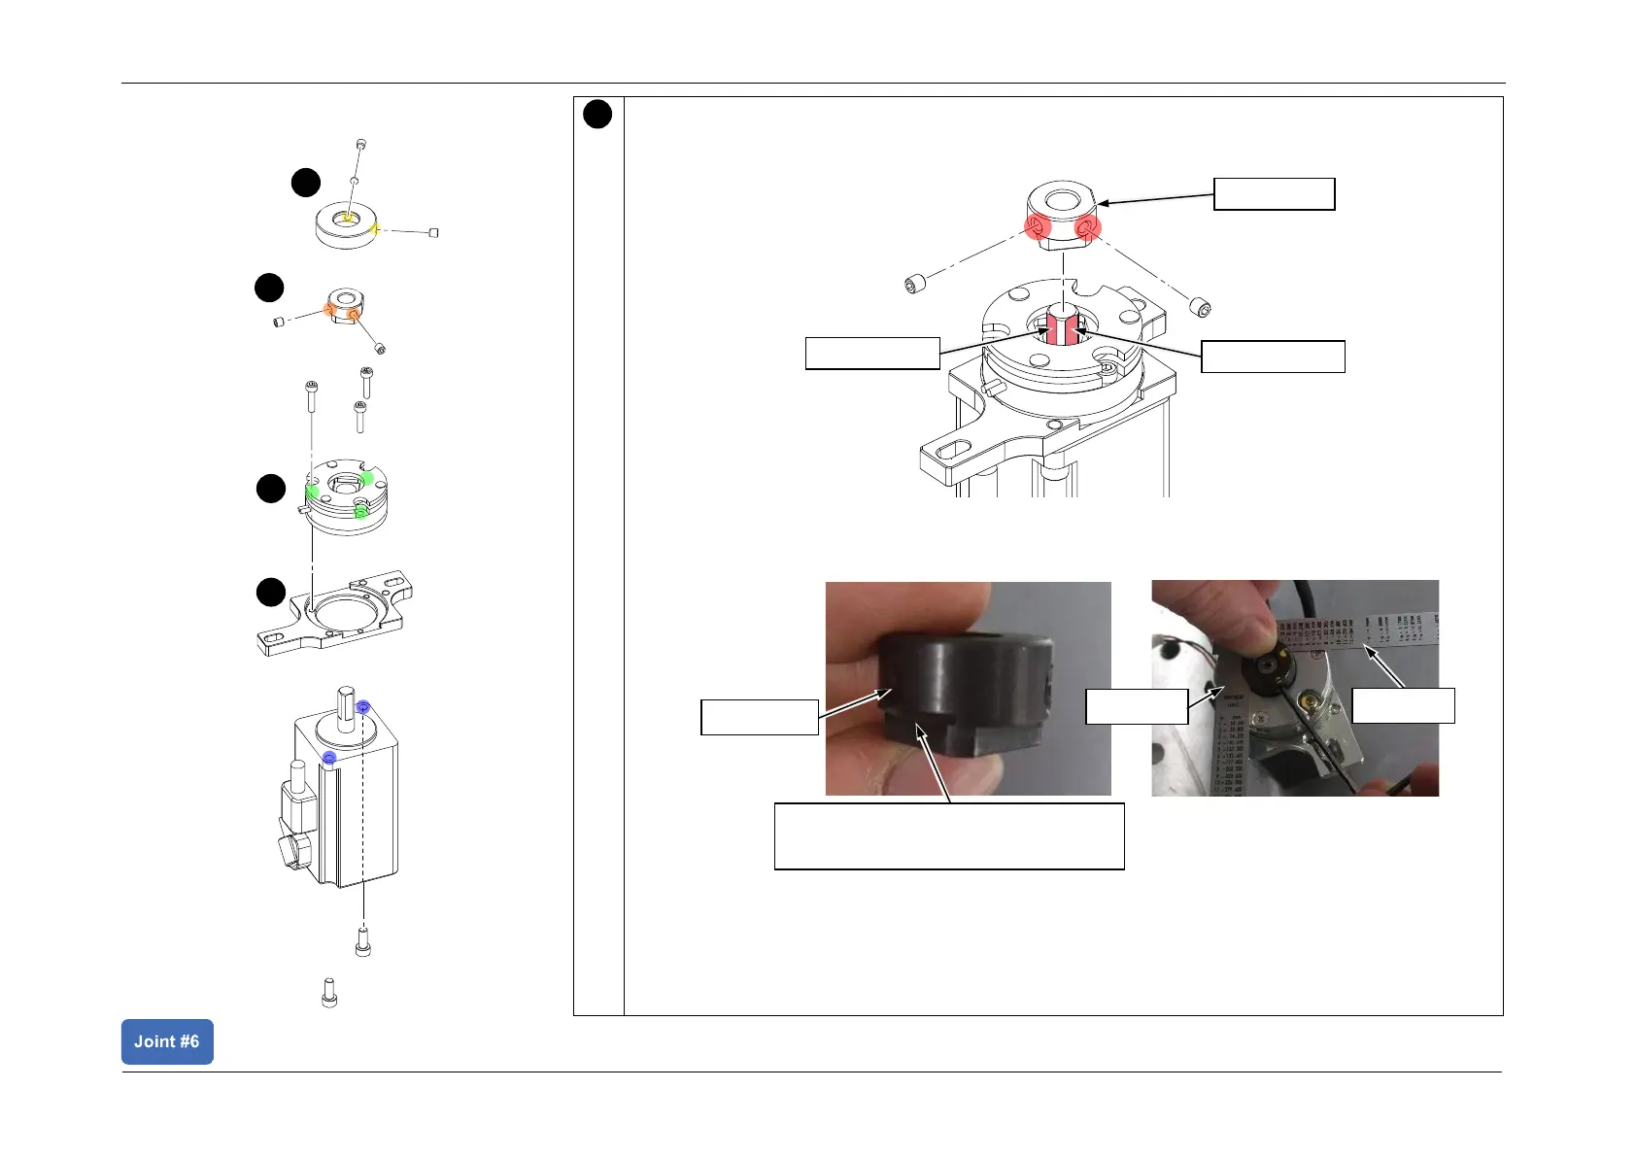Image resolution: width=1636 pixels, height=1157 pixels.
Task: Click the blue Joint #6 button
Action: pos(167,1041)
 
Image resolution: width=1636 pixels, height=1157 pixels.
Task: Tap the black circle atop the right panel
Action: pos(597,114)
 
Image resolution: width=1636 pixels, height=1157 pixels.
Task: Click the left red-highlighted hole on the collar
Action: pos(1038,228)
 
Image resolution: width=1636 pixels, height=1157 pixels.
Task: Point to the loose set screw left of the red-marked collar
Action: pos(914,285)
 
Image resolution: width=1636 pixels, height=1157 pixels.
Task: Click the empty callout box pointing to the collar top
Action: pos(1274,194)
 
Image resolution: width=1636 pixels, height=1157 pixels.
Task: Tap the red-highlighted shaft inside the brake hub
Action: pos(1061,326)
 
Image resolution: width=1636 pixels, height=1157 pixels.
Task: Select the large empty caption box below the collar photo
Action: pos(948,835)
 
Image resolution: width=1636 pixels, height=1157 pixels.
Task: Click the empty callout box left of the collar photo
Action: pos(759,717)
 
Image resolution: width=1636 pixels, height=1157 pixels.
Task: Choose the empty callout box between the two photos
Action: pos(1136,706)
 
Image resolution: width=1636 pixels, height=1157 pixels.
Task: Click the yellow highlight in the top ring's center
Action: pos(347,217)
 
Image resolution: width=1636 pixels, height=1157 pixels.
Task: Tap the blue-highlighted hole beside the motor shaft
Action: pos(363,706)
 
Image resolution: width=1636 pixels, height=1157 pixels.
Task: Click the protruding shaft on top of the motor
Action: pos(346,701)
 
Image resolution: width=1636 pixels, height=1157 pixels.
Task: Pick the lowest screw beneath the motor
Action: pos(328,992)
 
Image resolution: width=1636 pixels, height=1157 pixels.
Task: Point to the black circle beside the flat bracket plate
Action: pos(271,592)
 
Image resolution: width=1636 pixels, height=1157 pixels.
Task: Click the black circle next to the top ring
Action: pos(306,183)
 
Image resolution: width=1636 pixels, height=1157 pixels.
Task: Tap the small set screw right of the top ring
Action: pos(433,232)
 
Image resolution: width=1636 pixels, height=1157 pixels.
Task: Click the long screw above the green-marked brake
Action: pos(310,398)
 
